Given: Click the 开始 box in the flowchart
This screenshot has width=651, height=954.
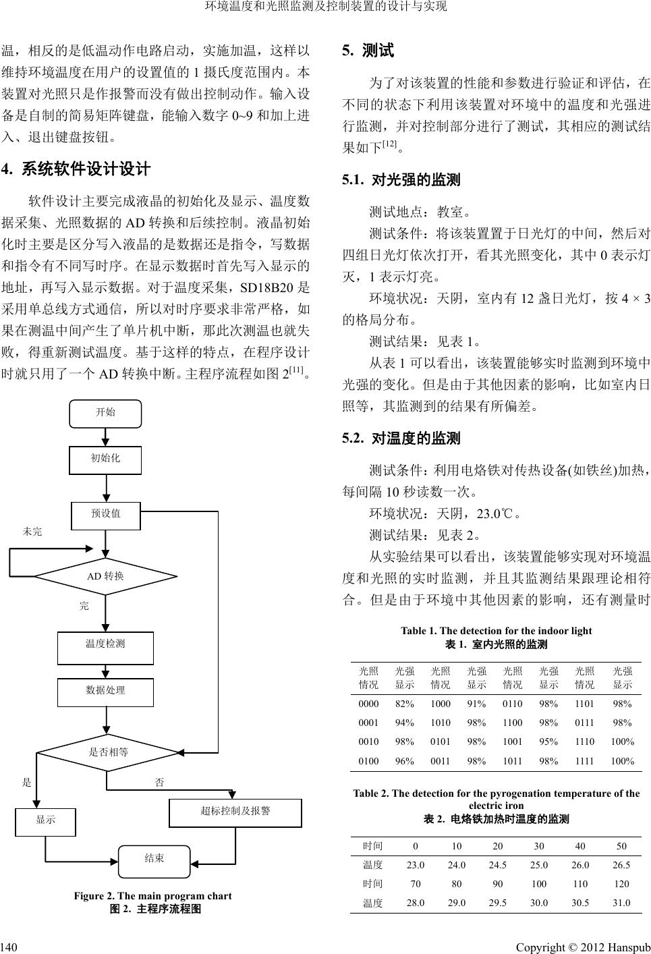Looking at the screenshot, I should point(106,414).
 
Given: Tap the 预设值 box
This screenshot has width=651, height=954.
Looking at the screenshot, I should point(106,515).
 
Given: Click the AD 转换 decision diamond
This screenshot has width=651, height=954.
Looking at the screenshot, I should point(106,576).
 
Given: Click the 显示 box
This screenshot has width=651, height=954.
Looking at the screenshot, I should point(46,821).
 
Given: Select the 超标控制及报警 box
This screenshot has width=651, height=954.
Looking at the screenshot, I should point(235,812).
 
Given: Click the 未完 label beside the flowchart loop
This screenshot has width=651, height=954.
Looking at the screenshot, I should point(32,532).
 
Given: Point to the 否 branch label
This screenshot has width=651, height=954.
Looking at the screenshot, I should point(159,783).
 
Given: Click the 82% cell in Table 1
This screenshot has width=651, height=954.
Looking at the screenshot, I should point(405,704).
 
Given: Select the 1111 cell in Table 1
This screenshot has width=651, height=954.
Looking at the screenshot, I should point(584,761).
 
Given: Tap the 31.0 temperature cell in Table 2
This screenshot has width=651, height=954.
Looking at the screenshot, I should point(621,903).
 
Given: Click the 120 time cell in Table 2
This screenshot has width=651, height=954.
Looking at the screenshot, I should point(621,884).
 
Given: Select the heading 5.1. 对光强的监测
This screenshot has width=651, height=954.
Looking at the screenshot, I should point(401,180).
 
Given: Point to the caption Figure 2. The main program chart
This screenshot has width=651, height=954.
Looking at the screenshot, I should point(152,896).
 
